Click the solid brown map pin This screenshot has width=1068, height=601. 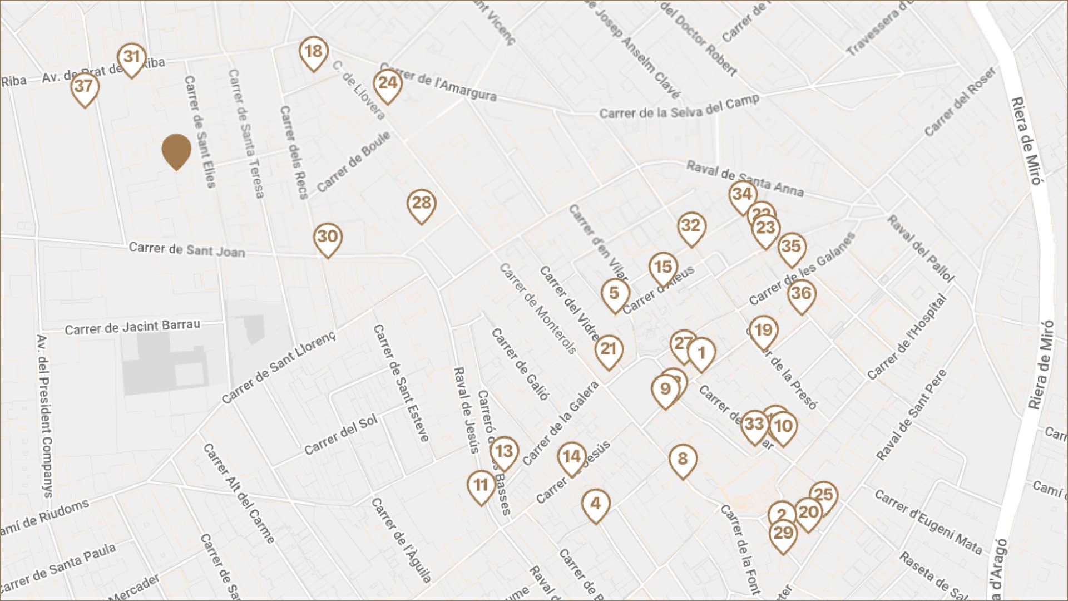tap(176, 150)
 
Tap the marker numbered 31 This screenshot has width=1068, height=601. tap(131, 58)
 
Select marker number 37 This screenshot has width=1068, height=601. tap(85, 87)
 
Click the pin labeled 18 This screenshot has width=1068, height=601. tap(313, 52)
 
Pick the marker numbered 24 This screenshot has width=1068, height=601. tap(388, 84)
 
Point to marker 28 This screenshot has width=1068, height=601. tap(422, 204)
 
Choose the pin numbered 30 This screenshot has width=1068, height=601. tap(328, 238)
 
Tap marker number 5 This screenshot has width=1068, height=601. tap(615, 294)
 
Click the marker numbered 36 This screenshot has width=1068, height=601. tap(802, 294)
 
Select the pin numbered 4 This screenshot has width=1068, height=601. tap(596, 504)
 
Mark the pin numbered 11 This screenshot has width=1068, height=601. tap(481, 486)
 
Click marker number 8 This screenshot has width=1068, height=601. tap(683, 460)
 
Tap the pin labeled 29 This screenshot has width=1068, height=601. tap(783, 534)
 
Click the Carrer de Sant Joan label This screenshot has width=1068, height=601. tap(187, 249)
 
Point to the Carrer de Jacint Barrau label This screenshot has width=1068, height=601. tap(132, 327)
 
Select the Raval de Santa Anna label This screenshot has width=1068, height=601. tap(745, 179)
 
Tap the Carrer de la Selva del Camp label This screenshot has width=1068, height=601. tap(679, 109)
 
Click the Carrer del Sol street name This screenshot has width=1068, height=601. tap(340, 435)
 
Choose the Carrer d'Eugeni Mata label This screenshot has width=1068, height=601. tap(928, 521)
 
